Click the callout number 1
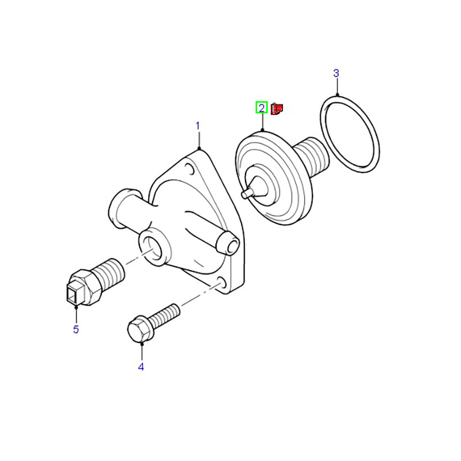(x=198, y=126)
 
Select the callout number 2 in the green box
(x=262, y=108)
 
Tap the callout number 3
(x=336, y=73)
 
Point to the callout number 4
(x=141, y=367)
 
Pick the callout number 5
(x=76, y=329)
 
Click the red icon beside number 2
(x=277, y=109)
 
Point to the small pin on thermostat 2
(x=247, y=193)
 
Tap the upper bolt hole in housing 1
(x=190, y=169)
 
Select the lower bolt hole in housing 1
(x=222, y=282)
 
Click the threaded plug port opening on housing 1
(x=154, y=247)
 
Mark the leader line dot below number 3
(x=337, y=95)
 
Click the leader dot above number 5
(x=76, y=308)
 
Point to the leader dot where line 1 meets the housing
(x=199, y=149)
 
